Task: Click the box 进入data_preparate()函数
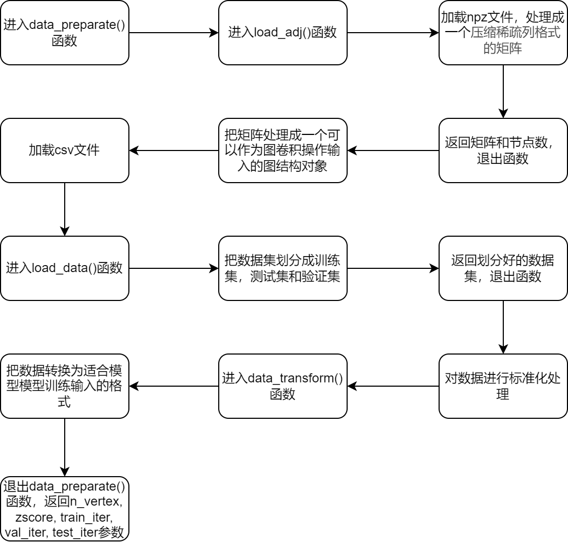[65, 33]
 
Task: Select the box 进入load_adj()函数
[282, 33]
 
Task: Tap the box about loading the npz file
[503, 33]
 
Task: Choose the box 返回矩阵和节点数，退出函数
[503, 150]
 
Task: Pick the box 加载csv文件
[65, 150]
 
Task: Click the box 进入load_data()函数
[65, 268]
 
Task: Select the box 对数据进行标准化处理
[503, 386]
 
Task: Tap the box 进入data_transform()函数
[282, 386]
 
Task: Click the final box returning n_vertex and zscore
[65, 509]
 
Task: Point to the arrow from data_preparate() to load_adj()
[174, 33]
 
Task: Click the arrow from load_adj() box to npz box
[393, 33]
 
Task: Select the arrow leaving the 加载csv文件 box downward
[65, 209]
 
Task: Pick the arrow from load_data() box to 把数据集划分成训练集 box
[174, 268]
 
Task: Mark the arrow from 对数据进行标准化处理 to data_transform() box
[393, 386]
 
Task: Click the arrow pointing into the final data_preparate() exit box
[65, 447]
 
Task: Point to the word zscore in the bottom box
[35, 517]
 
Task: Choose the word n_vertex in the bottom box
[94, 502]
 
